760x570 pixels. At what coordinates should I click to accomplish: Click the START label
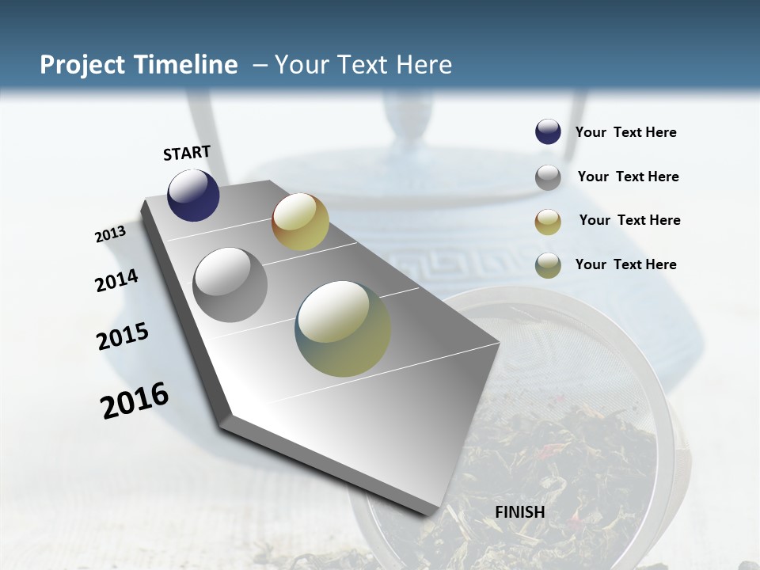[x=187, y=153]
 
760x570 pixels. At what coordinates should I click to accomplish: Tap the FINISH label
[x=520, y=512]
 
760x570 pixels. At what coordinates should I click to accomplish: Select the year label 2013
[x=111, y=234]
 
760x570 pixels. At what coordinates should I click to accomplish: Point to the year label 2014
[x=117, y=281]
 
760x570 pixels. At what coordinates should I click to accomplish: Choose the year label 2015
[x=123, y=336]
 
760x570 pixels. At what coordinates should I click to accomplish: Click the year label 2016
[x=135, y=401]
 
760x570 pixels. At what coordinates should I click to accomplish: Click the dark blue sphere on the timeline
[x=193, y=196]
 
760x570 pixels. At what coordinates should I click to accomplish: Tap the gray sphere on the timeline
[x=230, y=284]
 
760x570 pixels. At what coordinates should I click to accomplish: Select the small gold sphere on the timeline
[x=300, y=222]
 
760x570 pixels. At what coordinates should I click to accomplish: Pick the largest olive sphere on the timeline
[x=343, y=329]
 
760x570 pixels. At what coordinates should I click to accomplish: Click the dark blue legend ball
[x=548, y=132]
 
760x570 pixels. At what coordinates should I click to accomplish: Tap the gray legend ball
[x=548, y=177]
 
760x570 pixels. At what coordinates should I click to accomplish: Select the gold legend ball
[x=548, y=221]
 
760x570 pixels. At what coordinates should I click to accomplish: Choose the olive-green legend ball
[x=548, y=265]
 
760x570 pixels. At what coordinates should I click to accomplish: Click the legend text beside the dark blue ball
[x=625, y=133]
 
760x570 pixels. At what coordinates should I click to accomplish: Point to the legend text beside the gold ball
[x=629, y=220]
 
